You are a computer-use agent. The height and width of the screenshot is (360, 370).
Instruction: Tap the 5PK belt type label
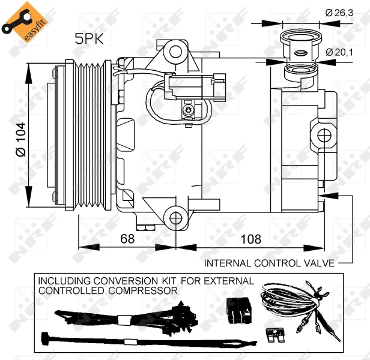coord(88,40)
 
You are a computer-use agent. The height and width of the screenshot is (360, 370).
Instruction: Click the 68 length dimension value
coord(127,239)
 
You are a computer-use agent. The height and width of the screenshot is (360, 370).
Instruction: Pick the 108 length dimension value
coord(250,239)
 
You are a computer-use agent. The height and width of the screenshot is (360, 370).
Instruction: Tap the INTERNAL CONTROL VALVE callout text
coord(269,263)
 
